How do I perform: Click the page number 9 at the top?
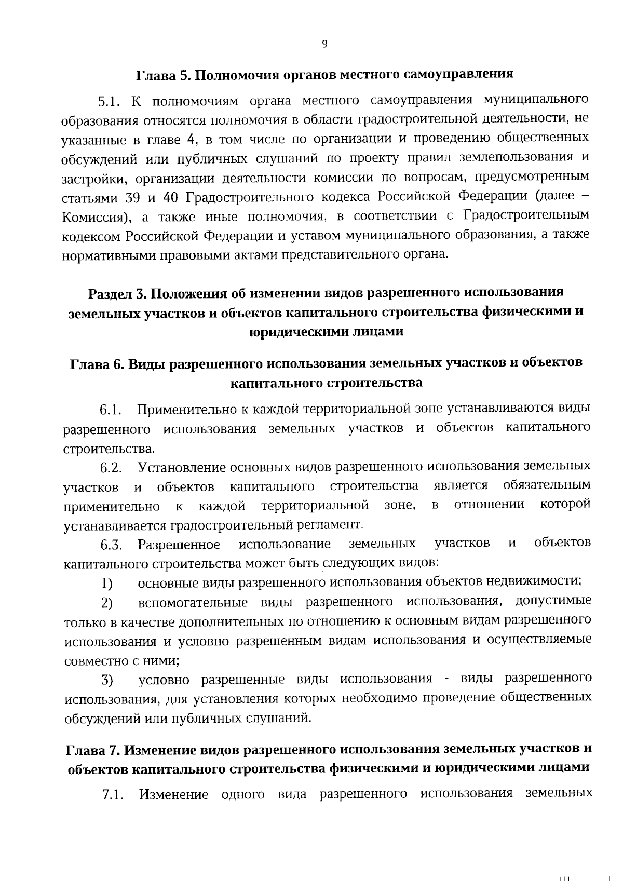point(324,44)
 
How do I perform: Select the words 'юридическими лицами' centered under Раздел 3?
point(326,332)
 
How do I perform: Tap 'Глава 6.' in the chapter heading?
point(96,363)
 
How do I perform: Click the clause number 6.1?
point(111,411)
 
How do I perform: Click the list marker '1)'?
point(107,584)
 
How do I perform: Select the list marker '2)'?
point(107,603)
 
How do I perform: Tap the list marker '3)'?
point(107,680)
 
